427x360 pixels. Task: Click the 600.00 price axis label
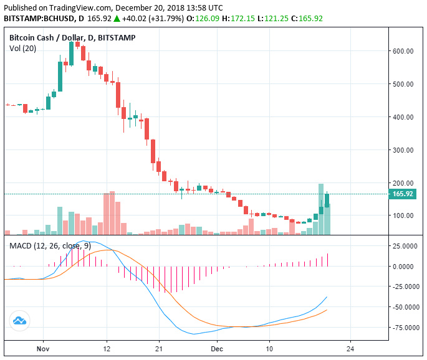(x=403, y=51)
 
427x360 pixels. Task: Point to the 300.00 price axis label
(x=403, y=150)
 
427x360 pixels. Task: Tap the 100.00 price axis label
(x=403, y=216)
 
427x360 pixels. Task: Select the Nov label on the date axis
(x=42, y=348)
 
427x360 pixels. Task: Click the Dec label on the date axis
(x=216, y=348)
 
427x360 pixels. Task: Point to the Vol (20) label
(x=23, y=49)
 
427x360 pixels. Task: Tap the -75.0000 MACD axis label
(x=406, y=327)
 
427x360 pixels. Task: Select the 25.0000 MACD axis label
(x=406, y=246)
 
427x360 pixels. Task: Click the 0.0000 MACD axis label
(x=406, y=267)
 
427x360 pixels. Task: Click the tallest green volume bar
(x=321, y=209)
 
